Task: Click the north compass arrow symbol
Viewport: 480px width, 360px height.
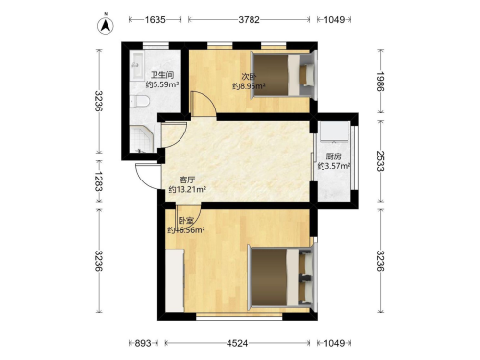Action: pos(106,25)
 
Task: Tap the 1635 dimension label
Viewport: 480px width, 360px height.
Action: pos(156,20)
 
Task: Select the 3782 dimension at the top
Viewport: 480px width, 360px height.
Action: pos(249,20)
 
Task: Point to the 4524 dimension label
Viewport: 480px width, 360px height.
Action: pos(237,343)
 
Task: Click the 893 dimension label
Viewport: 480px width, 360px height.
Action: pos(143,343)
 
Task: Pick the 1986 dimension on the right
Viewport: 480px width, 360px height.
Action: pos(380,82)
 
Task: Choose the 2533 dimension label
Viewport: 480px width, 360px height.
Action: pos(380,161)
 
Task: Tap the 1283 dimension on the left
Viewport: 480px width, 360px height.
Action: pos(98,181)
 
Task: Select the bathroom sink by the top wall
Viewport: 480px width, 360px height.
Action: pos(138,65)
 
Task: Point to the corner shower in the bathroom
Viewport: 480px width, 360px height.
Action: pos(142,139)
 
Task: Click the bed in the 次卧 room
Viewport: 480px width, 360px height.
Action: pos(283,75)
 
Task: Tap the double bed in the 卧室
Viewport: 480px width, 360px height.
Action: pos(281,276)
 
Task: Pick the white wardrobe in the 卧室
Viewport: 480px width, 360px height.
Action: pos(175,280)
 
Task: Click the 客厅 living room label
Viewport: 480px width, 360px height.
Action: pos(187,180)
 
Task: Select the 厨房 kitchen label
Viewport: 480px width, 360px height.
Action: pos(334,156)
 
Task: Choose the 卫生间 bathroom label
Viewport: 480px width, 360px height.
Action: pos(162,75)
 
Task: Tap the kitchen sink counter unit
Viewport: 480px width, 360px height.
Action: pos(334,131)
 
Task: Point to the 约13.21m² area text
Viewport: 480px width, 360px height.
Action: pos(187,189)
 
